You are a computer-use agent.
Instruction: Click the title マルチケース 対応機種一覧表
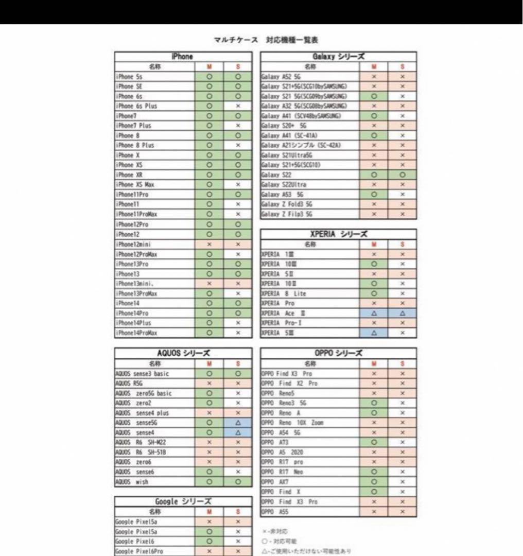click(269, 40)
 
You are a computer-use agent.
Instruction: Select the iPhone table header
click(182, 57)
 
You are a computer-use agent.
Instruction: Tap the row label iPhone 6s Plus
click(137, 106)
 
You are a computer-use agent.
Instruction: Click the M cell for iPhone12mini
click(209, 245)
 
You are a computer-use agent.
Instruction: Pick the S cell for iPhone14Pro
click(238, 314)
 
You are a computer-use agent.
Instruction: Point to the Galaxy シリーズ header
click(338, 57)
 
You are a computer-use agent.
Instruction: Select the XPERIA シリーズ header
click(338, 234)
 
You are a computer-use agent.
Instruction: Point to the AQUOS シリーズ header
click(182, 353)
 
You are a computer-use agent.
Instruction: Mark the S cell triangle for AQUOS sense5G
click(238, 423)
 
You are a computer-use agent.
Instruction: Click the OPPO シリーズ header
click(338, 353)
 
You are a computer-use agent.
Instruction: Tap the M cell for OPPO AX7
click(374, 482)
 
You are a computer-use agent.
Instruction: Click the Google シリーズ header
click(182, 501)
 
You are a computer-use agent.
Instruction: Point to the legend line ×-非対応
click(275, 531)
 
